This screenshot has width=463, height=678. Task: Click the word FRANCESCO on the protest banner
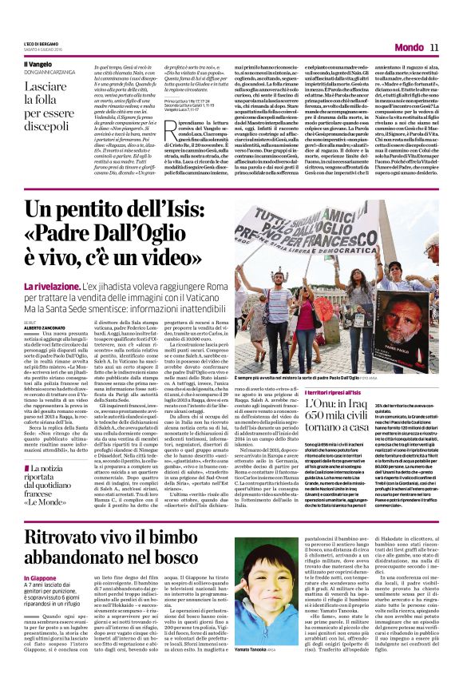click(323, 246)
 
